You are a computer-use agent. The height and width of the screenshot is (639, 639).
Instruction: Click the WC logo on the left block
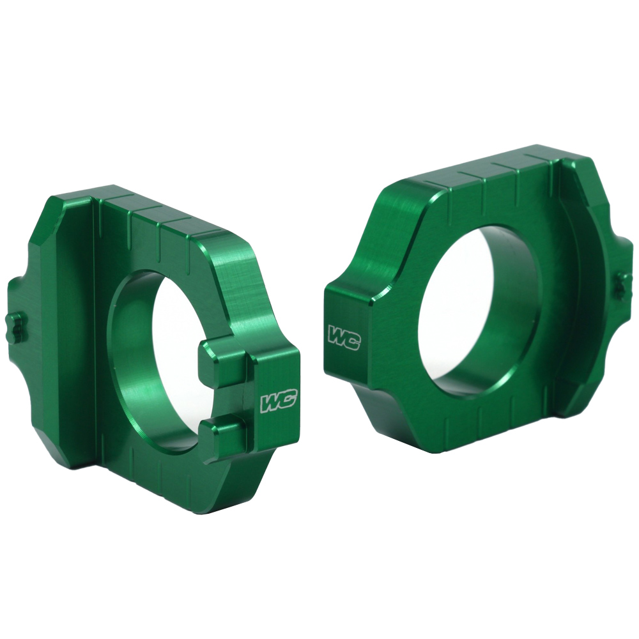point(277,403)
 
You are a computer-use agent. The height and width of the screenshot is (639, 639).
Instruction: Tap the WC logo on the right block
point(344,337)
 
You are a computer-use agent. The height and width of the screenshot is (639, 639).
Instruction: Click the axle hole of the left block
point(160,358)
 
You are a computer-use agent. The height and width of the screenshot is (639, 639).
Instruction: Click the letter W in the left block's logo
point(269,403)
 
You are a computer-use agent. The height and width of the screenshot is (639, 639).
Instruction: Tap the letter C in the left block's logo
point(286,402)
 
